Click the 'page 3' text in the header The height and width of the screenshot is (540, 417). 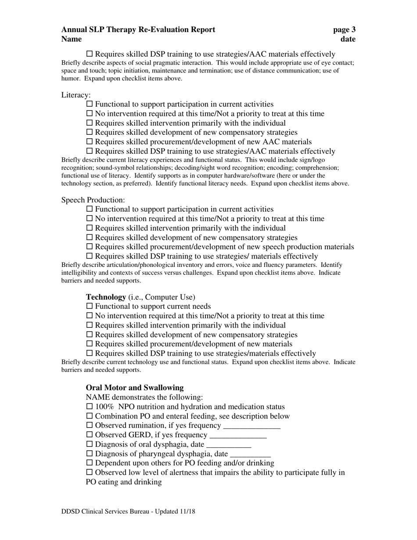(x=344, y=30)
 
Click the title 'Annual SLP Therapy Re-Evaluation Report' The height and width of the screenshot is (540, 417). (x=138, y=30)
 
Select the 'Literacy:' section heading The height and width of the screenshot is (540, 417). (x=76, y=94)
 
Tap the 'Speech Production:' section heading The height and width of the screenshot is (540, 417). (x=93, y=200)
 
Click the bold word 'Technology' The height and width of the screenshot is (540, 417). (x=106, y=297)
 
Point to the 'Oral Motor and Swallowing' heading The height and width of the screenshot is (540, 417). (x=135, y=388)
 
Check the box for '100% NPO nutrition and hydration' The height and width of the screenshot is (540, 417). (x=90, y=407)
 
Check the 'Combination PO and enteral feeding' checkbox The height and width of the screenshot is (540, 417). (x=90, y=416)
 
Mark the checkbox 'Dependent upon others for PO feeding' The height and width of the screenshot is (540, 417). (x=90, y=463)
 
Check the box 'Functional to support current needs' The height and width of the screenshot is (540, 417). (x=90, y=306)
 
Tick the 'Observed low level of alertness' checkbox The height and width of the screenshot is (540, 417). (x=90, y=472)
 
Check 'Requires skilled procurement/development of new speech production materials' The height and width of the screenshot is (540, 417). (x=90, y=247)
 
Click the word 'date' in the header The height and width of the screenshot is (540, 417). (x=348, y=40)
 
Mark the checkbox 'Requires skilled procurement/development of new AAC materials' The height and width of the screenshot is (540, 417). (x=90, y=142)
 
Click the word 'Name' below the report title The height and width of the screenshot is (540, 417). (x=72, y=40)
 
